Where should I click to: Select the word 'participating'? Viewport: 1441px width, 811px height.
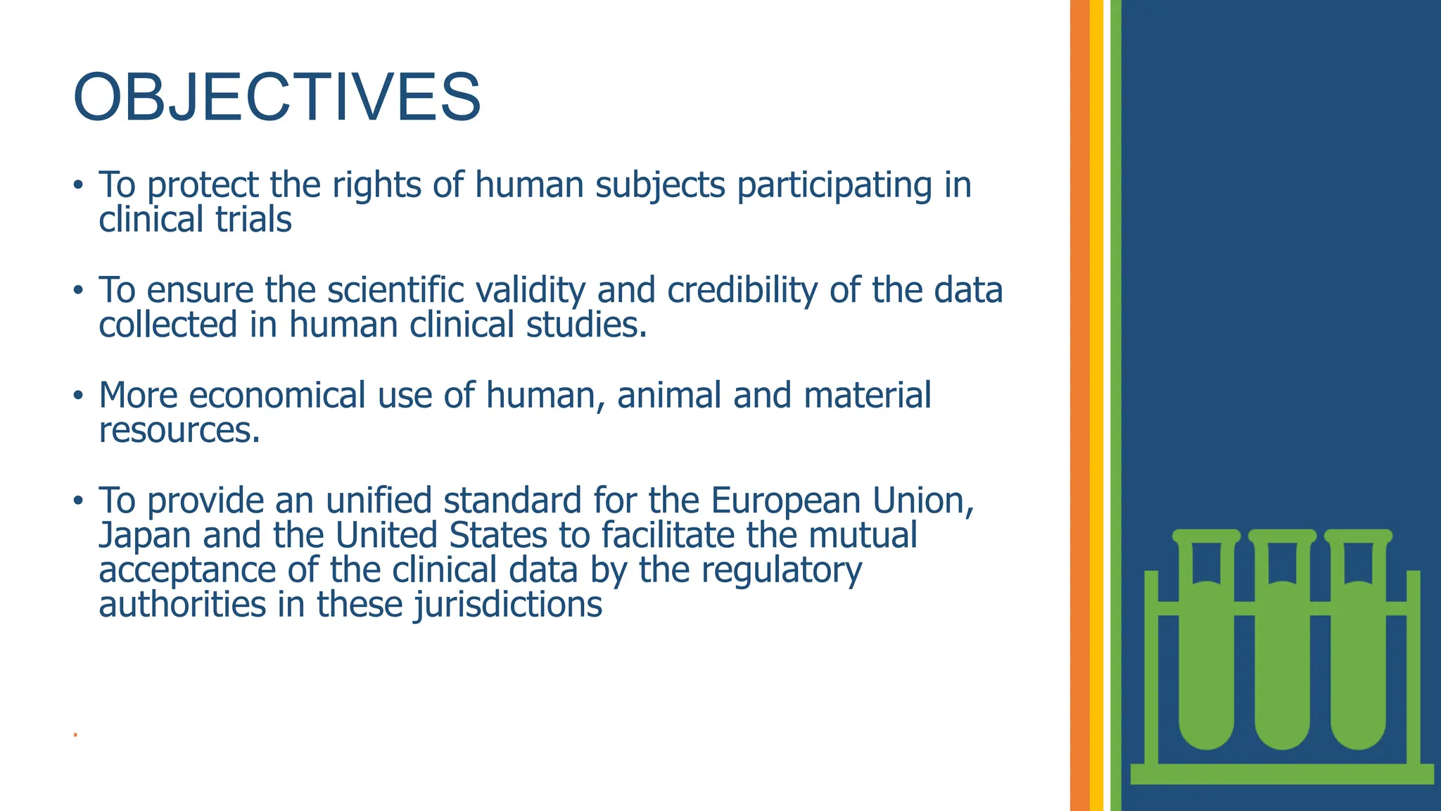(834, 185)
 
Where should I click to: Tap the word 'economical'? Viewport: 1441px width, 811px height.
(277, 395)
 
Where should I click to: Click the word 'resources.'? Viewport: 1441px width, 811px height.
(179, 429)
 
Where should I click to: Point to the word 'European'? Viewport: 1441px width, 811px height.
(785, 501)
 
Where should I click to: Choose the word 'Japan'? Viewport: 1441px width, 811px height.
(145, 535)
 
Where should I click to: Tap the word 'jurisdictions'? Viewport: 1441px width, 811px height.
(508, 604)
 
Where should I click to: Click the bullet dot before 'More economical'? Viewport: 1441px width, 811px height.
(78, 396)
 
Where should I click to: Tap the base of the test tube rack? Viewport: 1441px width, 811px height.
(1281, 774)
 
